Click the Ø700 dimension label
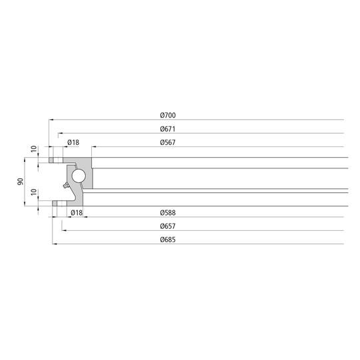168,115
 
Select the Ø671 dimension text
168,129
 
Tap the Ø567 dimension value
168,142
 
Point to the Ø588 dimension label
168,213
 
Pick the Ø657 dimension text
168,226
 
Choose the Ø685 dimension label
168,240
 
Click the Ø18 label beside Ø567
73,142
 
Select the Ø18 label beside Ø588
77,213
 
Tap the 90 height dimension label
20,182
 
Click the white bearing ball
79,176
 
